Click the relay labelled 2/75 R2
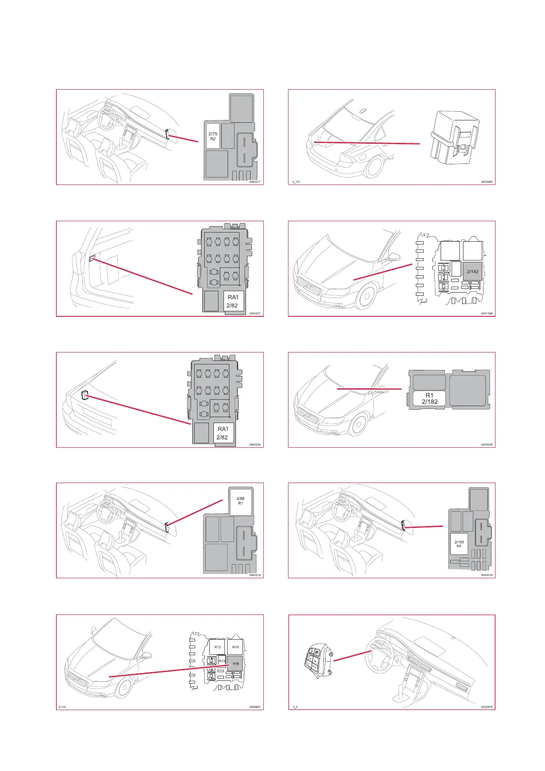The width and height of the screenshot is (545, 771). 213,136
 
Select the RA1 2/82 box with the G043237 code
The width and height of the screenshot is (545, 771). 233,301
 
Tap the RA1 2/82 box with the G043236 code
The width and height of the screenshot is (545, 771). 223,433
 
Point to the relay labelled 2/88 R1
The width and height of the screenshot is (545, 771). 240,501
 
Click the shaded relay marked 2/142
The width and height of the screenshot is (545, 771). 472,271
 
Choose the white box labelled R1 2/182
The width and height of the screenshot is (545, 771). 429,398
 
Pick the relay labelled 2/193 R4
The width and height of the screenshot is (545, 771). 459,544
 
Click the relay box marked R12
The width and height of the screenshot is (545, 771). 218,647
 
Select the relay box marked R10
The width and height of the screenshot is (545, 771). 235,647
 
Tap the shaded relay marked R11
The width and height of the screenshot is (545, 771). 235,663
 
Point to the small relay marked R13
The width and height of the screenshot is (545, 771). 222,661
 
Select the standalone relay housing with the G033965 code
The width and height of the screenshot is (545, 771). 454,136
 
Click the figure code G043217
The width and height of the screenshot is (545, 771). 255,182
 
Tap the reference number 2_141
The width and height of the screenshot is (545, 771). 296,182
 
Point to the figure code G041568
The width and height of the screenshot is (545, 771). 487,314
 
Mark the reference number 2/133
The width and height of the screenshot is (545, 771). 62,707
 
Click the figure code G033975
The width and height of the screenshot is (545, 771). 487,707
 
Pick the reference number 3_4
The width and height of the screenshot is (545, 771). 295,707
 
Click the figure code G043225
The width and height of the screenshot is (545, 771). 487,445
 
